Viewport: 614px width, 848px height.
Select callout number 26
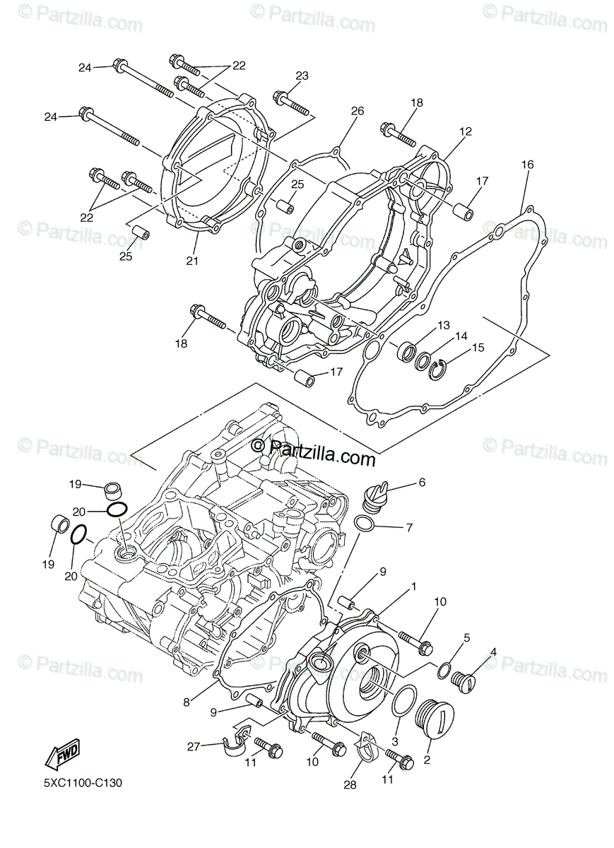(x=357, y=111)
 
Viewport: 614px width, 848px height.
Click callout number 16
(x=527, y=165)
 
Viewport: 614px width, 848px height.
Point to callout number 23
(x=302, y=76)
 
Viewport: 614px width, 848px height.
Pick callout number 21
(x=192, y=261)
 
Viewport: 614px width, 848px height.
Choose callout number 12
(x=466, y=131)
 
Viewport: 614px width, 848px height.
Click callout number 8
(x=187, y=702)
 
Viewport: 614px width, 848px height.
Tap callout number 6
(x=422, y=482)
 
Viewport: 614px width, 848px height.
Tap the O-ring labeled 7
(x=365, y=524)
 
